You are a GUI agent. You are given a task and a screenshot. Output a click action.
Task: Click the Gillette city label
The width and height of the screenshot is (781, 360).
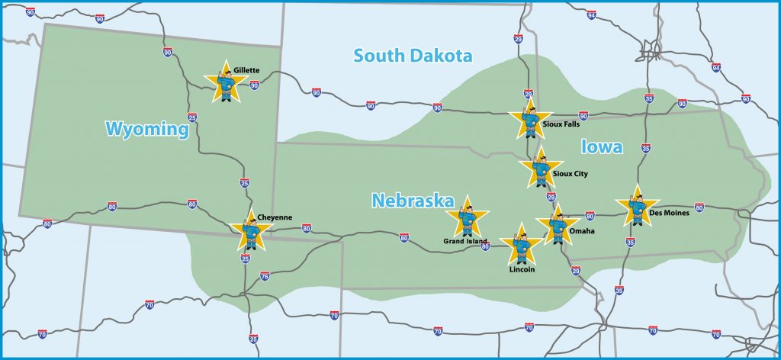248,70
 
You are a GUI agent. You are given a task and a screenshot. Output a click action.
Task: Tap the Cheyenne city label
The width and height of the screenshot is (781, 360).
275,217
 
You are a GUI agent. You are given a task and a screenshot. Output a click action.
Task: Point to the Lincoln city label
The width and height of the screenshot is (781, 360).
522,269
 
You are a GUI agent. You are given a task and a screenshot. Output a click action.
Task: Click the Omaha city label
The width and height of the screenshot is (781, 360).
582,230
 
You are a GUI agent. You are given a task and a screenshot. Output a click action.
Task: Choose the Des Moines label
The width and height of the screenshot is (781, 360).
670,213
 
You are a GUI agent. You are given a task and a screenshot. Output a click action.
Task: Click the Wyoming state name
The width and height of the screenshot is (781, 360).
147,130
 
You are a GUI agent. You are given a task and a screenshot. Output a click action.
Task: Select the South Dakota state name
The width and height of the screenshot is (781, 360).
413,55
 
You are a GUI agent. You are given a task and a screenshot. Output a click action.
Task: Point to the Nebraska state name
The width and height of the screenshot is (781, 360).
413,201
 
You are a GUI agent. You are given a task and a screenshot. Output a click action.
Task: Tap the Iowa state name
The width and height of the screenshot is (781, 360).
602,147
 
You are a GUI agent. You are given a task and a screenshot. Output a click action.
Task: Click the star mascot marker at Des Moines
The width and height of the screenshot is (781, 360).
637,207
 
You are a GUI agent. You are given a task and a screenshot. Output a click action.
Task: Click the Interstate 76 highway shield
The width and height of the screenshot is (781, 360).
265,276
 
